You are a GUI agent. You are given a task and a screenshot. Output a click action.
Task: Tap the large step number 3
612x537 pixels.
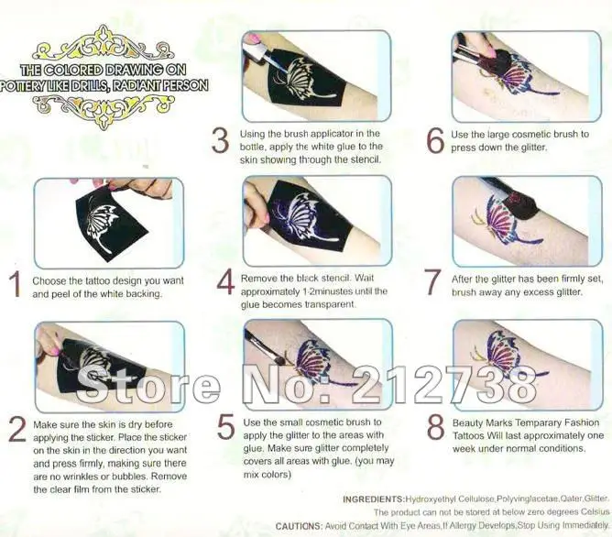pos(221,142)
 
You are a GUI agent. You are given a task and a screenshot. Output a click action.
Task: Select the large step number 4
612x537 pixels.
pos(225,281)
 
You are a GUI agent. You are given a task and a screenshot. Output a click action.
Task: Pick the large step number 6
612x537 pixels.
pos(435,142)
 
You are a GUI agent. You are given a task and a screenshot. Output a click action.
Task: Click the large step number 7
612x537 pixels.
pos(435,281)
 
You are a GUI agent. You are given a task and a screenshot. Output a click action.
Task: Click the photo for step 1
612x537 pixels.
pos(107,221)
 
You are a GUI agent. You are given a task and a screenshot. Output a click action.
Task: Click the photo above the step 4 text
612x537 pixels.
pos(315,220)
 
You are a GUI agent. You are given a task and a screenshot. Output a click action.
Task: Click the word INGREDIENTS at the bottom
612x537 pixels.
pos(375,499)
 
